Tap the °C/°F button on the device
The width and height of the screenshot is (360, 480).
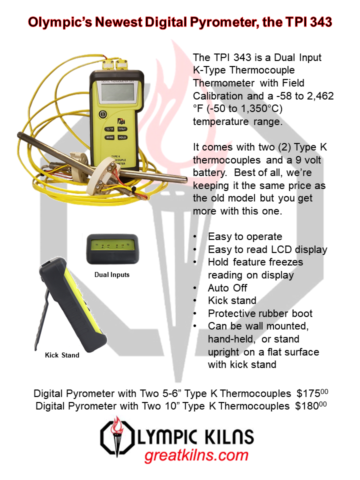tap(109, 129)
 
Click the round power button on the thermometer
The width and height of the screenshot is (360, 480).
tap(102, 114)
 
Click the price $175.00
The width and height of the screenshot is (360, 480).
tap(312, 393)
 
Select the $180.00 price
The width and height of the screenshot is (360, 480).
tap(310, 406)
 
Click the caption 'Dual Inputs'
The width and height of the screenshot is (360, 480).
tap(111, 274)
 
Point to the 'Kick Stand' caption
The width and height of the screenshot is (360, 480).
tap(62, 355)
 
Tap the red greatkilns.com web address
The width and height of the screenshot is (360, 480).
tap(196, 456)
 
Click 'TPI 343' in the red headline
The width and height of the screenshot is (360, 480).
tap(308, 22)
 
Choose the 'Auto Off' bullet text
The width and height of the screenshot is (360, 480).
tap(227, 288)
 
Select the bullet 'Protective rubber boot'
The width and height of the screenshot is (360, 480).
tap(260, 313)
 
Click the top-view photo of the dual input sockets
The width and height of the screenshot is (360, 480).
tap(112, 249)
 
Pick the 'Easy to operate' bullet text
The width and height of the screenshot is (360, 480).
tap(245, 236)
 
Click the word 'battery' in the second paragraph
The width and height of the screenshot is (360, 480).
tap(209, 172)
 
